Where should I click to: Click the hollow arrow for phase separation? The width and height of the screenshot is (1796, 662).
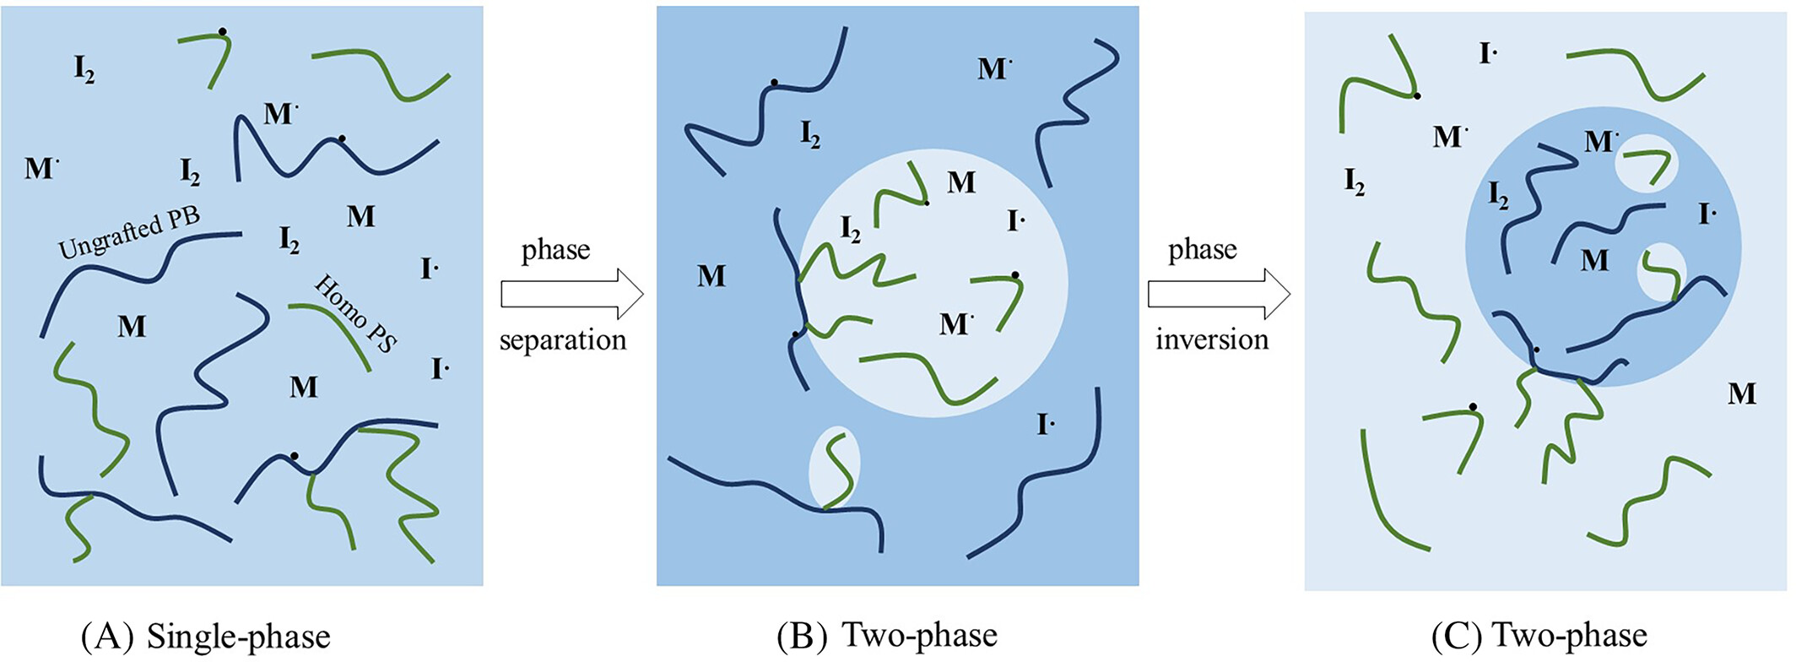click(572, 294)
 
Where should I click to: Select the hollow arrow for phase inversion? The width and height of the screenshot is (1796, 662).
click(1219, 294)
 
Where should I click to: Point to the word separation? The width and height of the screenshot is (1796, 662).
click(563, 339)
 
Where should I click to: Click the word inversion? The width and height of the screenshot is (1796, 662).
click(1212, 339)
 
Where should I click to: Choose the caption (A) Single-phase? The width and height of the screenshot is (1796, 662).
click(205, 636)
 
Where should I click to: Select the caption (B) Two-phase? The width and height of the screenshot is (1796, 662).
click(887, 636)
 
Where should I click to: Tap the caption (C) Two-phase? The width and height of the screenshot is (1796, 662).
click(1539, 636)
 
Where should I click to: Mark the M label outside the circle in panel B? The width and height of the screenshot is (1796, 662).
click(711, 276)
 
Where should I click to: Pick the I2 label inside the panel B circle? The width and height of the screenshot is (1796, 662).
click(851, 229)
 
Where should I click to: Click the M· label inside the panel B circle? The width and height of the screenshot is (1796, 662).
click(955, 324)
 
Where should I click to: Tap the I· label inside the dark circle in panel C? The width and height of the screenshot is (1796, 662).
click(1707, 214)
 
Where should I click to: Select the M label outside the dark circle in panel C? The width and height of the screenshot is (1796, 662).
click(1742, 393)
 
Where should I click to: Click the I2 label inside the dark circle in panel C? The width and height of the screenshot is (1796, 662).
click(1498, 196)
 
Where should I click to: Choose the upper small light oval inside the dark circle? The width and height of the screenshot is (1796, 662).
click(1646, 163)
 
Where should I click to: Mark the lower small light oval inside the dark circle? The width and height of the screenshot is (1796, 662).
click(1661, 272)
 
